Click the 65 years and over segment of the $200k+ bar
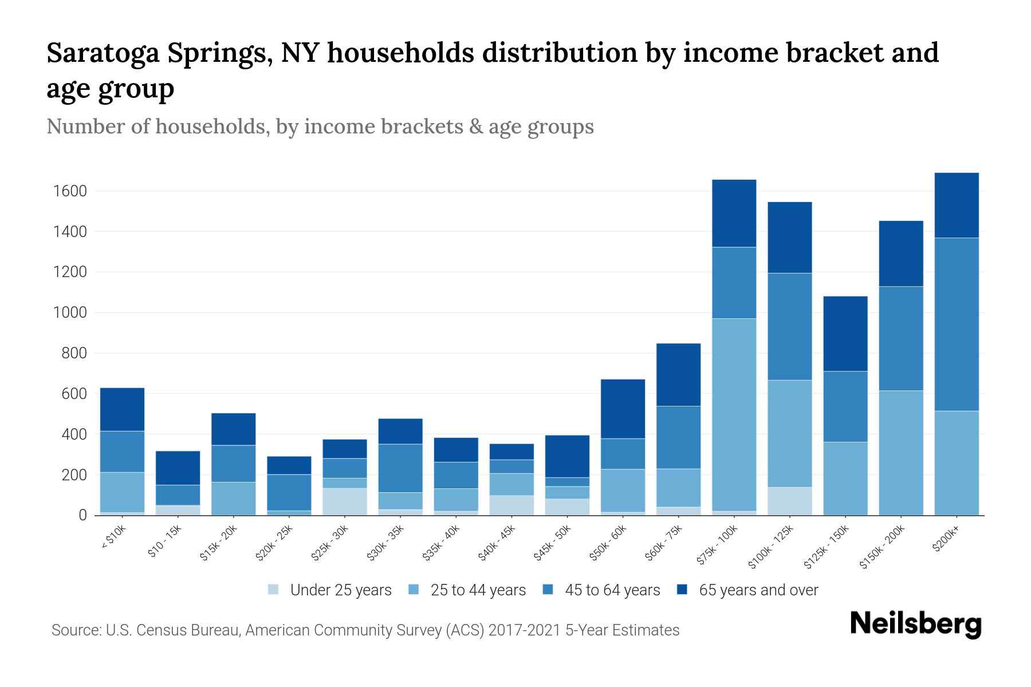(956, 205)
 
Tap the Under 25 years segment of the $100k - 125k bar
(789, 501)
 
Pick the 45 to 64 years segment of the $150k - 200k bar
(900, 338)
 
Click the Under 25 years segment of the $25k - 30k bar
(345, 502)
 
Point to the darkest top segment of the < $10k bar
(122, 409)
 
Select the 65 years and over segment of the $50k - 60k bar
(623, 409)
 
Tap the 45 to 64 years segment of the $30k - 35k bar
(400, 468)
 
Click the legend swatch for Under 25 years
(274, 590)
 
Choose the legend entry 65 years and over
(758, 590)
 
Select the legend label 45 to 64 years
(612, 590)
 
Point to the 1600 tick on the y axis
(70, 191)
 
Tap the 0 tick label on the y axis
(82, 515)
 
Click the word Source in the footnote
(75, 630)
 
